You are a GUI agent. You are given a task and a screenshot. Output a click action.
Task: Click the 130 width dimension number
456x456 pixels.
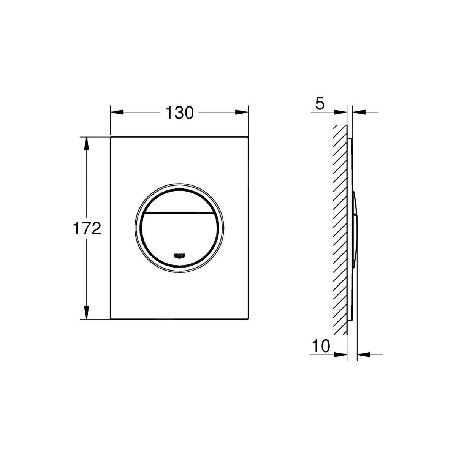(179, 112)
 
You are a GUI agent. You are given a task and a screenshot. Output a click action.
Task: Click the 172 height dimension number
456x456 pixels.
(87, 229)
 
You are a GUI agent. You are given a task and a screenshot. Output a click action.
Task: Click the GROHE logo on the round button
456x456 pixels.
(179, 255)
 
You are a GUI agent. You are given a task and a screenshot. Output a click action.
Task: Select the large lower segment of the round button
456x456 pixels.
(179, 236)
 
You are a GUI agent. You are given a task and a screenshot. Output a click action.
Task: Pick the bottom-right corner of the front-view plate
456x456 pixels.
(248, 319)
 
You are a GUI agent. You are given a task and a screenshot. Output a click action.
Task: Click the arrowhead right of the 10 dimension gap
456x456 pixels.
(364, 355)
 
